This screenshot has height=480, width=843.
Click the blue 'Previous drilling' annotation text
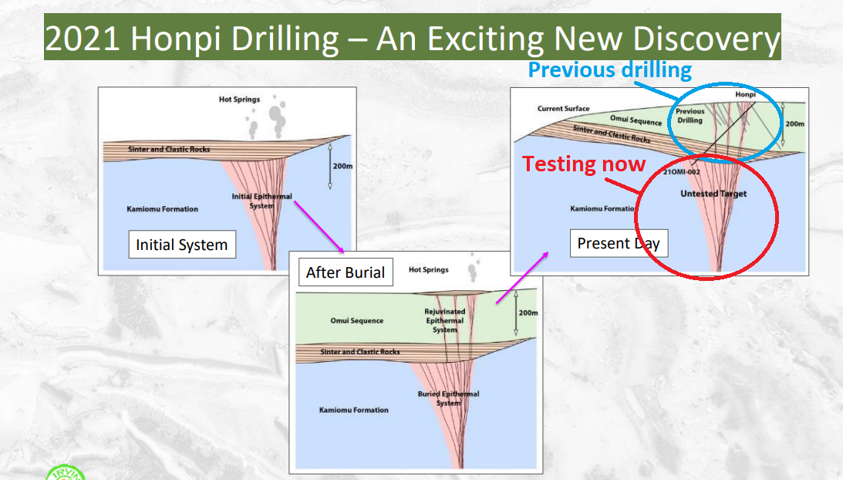pos(609,70)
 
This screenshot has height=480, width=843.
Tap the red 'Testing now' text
pos(584,164)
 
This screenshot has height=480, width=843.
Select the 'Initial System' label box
pos(182,245)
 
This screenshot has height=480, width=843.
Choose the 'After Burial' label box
pos(346,272)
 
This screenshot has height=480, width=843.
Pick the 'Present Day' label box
pos(619,243)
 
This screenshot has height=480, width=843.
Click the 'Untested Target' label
pos(713,194)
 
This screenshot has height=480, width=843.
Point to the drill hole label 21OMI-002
pos(681,171)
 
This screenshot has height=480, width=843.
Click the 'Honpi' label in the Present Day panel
pos(745,94)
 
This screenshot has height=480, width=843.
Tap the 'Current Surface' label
pos(564,108)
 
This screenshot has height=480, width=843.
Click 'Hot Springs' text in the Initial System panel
pos(239,99)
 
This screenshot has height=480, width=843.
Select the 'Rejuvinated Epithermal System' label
pos(444,321)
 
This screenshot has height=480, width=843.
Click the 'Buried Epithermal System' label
pos(448,398)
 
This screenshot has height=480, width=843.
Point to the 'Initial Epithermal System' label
pos(261,201)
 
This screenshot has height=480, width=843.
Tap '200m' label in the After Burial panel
pos(528,313)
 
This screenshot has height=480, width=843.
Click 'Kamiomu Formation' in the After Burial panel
pos(354,410)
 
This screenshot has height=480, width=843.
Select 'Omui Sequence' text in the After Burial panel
pos(357,321)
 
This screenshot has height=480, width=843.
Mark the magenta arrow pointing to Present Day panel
pos(522,278)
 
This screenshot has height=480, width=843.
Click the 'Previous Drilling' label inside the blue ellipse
pos(690,116)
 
